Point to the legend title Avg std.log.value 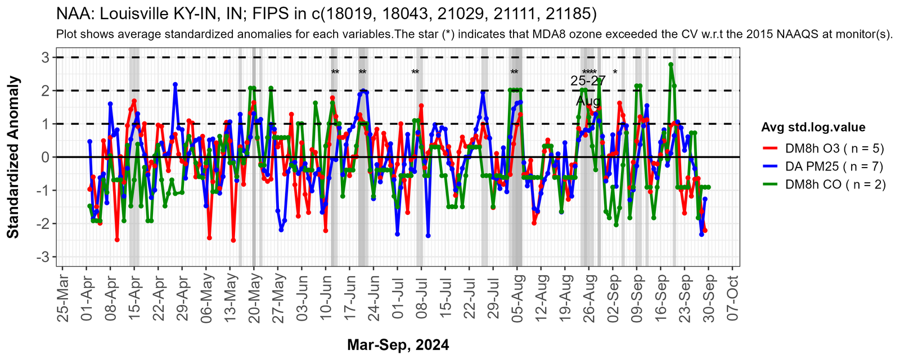coord(813,127)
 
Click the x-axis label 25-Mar coord(63,298)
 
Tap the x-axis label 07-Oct coord(732,298)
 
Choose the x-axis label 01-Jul coord(398,298)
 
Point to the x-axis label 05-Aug coord(517,298)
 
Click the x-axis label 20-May coord(254,298)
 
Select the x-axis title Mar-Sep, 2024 coord(398,345)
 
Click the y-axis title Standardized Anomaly coord(13,157)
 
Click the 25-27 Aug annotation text coord(588,91)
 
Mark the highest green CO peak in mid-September coord(670,65)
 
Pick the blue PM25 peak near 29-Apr coord(175,84)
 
